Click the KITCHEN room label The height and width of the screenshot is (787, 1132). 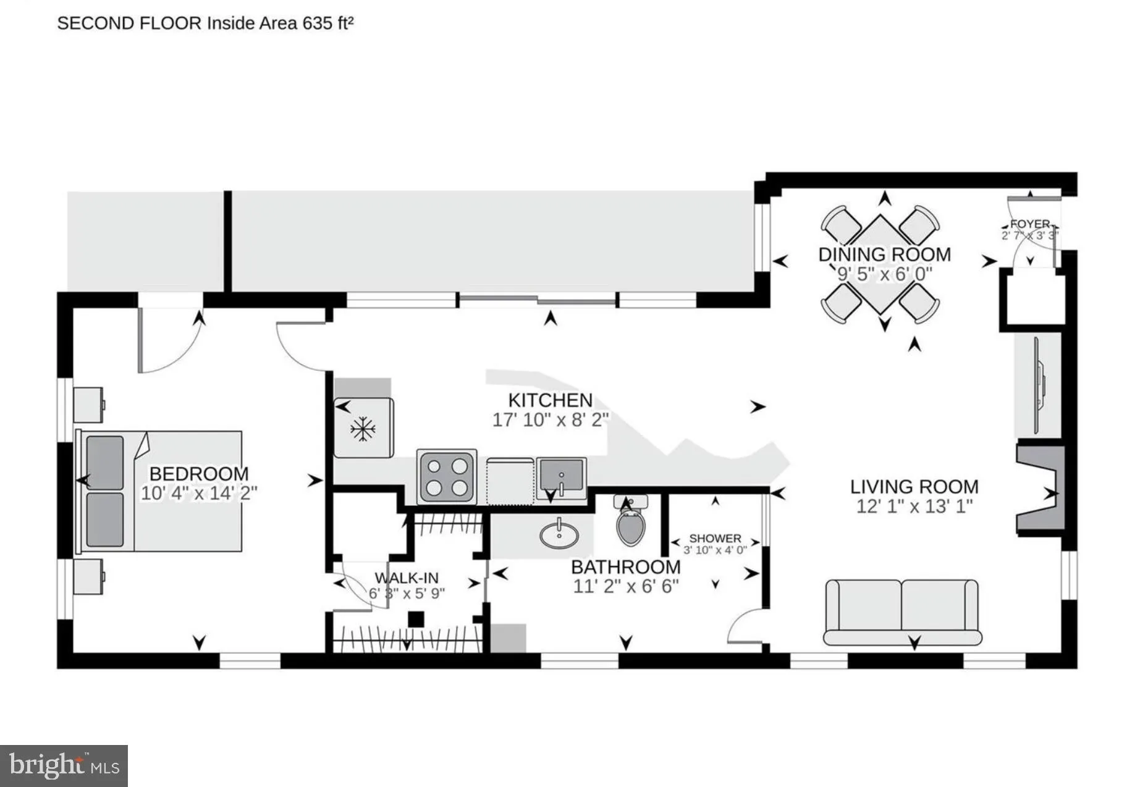pyautogui.click(x=550, y=400)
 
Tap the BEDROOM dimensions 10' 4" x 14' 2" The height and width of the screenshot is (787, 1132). pyautogui.click(x=199, y=494)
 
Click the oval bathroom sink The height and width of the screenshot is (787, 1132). pyautogui.click(x=559, y=534)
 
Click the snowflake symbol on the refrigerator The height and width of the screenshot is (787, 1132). pyautogui.click(x=363, y=429)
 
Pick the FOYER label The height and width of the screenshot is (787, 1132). pyautogui.click(x=1030, y=224)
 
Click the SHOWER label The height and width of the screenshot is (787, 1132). pyautogui.click(x=715, y=539)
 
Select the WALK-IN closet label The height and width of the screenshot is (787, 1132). pyautogui.click(x=407, y=578)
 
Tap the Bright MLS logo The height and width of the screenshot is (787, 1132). pyautogui.click(x=64, y=766)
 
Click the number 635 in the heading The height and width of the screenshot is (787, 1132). pyautogui.click(x=318, y=23)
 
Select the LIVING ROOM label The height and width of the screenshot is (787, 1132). pyautogui.click(x=914, y=487)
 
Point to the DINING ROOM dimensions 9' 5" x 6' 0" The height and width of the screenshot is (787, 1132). pyautogui.click(x=884, y=274)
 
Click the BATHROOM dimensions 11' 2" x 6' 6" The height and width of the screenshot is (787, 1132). pyautogui.click(x=626, y=586)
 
